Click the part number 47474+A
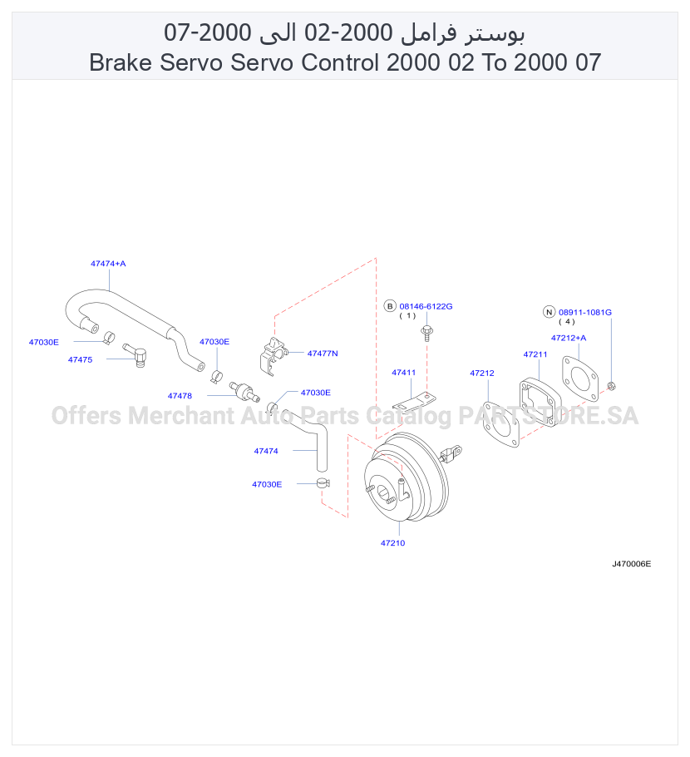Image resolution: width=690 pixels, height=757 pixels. (108, 264)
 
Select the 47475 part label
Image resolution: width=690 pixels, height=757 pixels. (80, 359)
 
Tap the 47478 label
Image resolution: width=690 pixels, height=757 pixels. (180, 396)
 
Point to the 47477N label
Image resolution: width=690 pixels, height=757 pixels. (323, 354)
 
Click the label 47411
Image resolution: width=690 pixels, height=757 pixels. (403, 373)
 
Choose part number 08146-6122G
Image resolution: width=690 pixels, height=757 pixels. (426, 307)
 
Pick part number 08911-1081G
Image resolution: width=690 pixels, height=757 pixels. (584, 312)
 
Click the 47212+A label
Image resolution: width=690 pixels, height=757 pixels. (569, 338)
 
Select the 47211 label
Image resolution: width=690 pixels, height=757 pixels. (535, 354)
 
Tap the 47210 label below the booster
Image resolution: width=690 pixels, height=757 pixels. (392, 543)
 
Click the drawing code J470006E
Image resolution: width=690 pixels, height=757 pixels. (632, 564)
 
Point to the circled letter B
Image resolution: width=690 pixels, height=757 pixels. (390, 306)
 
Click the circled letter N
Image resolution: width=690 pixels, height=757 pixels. (550, 312)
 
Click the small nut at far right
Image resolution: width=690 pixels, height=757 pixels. (611, 386)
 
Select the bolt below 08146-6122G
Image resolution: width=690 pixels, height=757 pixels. (427, 333)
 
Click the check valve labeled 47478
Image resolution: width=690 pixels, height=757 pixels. (244, 391)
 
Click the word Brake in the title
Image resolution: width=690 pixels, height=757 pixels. (121, 62)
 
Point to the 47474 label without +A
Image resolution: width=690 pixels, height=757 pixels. (266, 451)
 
